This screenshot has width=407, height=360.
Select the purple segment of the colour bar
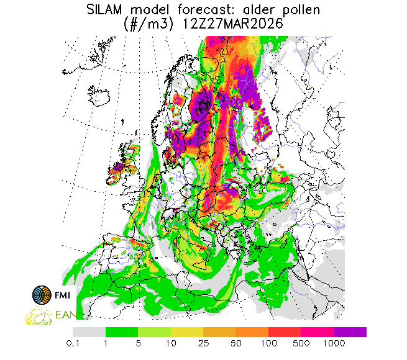click(350, 332)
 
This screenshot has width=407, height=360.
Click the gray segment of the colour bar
click(89, 332)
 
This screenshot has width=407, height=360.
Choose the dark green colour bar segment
click(121, 332)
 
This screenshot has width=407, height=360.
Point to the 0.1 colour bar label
click(73, 343)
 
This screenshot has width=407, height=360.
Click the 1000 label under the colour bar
click(334, 343)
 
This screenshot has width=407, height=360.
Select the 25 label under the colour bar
click(203, 343)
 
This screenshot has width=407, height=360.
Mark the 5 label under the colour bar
click(138, 343)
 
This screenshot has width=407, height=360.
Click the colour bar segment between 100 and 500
click(285, 332)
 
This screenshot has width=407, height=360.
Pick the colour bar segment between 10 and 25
click(186, 332)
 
